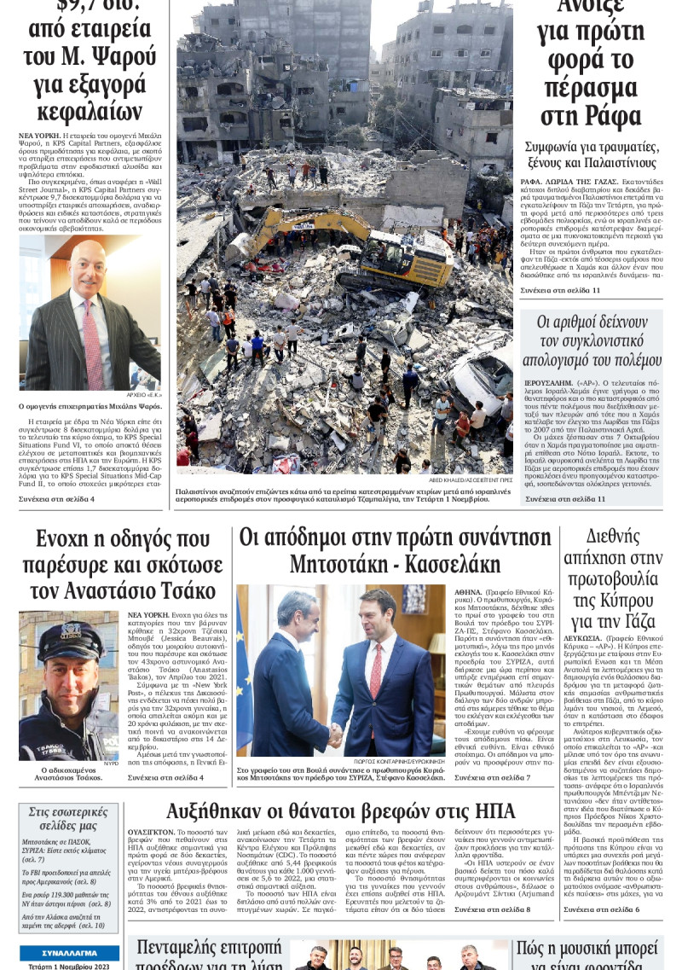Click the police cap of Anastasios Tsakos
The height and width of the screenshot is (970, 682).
point(68,636)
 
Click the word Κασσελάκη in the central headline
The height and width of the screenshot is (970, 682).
point(447,565)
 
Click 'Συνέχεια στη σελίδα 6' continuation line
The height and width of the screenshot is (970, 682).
point(601,909)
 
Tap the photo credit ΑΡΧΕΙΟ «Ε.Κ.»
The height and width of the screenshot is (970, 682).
point(142,394)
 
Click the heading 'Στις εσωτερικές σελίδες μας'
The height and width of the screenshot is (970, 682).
point(68,820)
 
